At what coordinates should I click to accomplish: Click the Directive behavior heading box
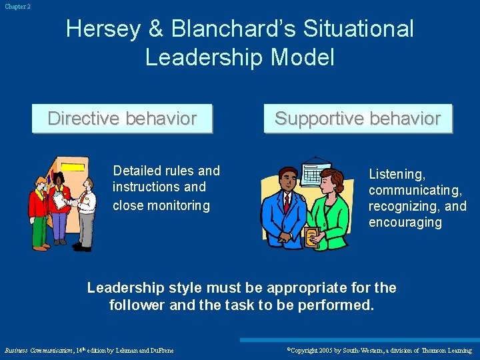pos(122,119)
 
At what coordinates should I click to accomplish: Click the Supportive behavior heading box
pos(357,119)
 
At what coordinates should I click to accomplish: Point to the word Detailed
pos(139,171)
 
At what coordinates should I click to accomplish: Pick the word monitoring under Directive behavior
pos(179,205)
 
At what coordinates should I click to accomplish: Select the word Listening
pos(397,174)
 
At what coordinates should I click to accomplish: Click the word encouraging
pos(405,222)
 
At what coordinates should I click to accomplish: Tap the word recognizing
pos(403,206)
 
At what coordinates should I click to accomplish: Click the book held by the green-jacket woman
pos(311,236)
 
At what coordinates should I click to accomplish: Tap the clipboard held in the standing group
pos(61,200)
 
